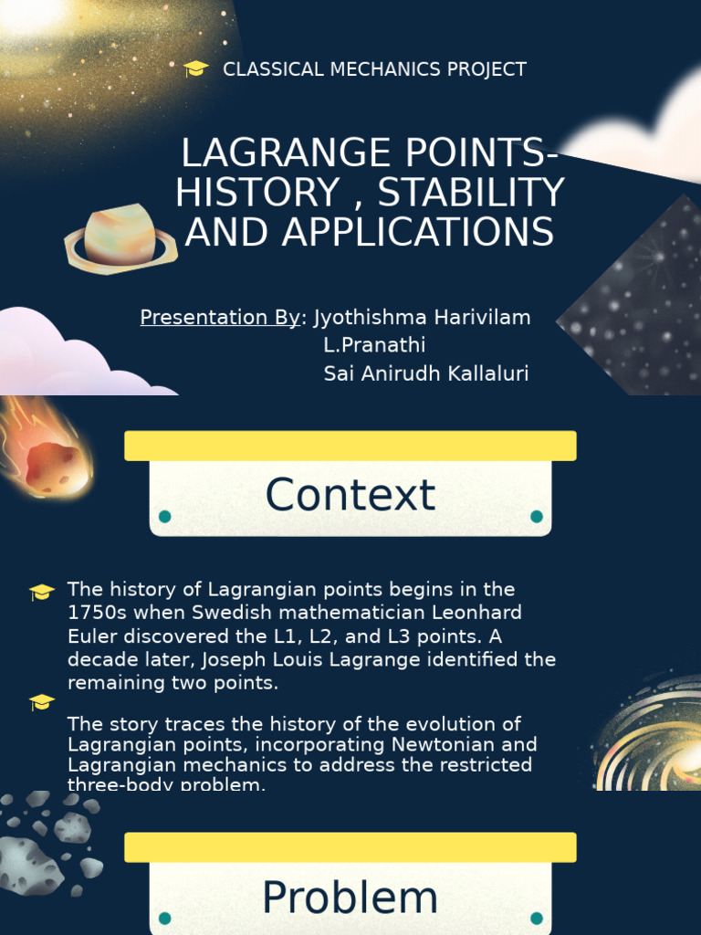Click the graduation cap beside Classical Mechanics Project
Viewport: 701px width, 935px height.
[x=196, y=69]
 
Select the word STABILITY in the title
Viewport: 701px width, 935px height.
[x=471, y=193]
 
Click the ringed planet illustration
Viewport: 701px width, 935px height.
[x=120, y=237]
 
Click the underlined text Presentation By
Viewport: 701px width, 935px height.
[x=220, y=317]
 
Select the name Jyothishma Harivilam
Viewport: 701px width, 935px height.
[x=422, y=317]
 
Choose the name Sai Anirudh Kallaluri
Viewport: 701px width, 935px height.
[x=426, y=373]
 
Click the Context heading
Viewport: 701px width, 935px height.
[x=350, y=496]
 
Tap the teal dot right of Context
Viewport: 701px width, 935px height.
[x=537, y=517]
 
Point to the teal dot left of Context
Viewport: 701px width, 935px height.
[x=164, y=517]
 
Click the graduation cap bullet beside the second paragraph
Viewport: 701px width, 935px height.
[x=42, y=702]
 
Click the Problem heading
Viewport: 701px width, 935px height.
[x=350, y=898]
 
